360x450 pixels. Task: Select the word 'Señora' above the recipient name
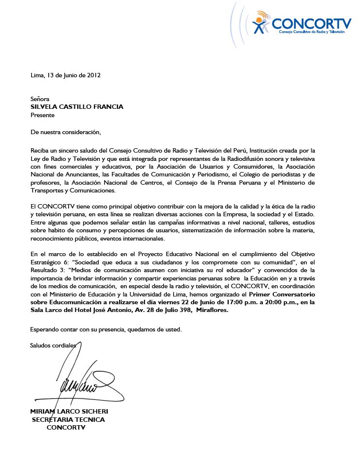pyautogui.click(x=40, y=99)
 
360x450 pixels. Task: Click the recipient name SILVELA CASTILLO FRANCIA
pyautogui.click(x=77, y=107)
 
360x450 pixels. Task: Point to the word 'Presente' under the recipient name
pyautogui.click(x=42, y=115)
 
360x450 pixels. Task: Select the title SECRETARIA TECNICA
pyautogui.click(x=68, y=419)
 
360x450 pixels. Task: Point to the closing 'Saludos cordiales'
pyautogui.click(x=53, y=346)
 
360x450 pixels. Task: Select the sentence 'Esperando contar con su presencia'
pyautogui.click(x=78, y=329)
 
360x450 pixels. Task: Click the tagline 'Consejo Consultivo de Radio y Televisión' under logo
pyautogui.click(x=311, y=32)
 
